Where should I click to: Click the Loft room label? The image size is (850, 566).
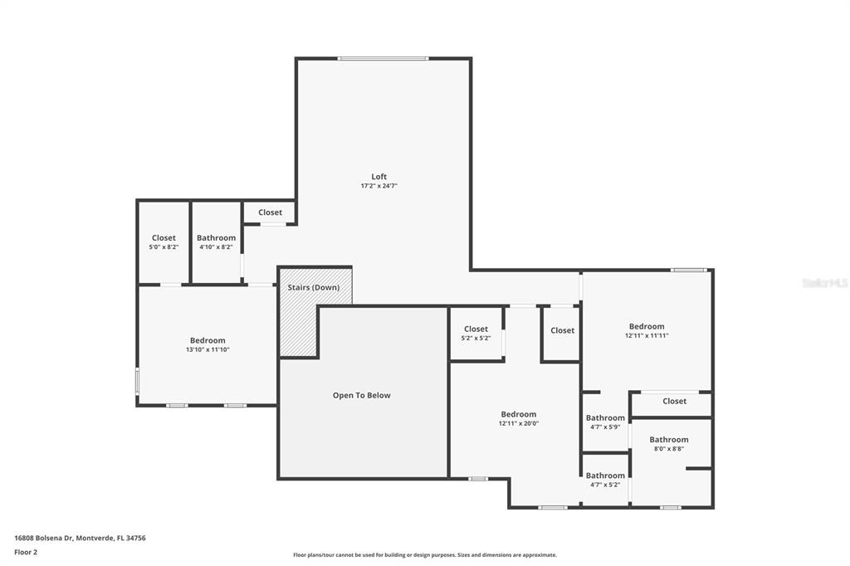[379, 176]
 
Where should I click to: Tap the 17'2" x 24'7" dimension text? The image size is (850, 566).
[379, 186]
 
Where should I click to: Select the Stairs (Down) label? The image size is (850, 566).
[313, 287]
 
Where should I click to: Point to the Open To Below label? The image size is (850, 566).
[362, 395]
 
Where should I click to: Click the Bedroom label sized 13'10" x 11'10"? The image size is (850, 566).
[208, 340]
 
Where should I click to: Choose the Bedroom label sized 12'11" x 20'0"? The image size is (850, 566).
[519, 414]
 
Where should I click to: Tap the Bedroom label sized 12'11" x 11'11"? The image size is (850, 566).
[647, 326]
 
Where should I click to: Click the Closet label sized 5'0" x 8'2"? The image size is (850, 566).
[164, 237]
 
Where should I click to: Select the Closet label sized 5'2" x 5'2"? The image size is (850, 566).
[476, 329]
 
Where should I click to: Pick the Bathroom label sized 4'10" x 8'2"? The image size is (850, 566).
[217, 237]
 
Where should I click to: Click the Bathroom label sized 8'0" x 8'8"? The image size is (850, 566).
[669, 440]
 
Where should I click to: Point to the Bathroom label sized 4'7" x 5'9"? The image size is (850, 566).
[605, 418]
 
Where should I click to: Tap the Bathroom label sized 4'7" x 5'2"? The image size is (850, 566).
[605, 476]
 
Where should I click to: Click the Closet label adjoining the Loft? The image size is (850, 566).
[270, 212]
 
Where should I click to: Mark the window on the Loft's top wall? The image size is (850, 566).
[383, 59]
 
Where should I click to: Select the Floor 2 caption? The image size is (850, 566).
[26, 553]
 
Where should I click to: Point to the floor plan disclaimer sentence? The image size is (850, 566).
[425, 555]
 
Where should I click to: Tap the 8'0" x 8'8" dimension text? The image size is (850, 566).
[669, 449]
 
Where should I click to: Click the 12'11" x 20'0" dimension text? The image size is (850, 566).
[519, 424]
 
